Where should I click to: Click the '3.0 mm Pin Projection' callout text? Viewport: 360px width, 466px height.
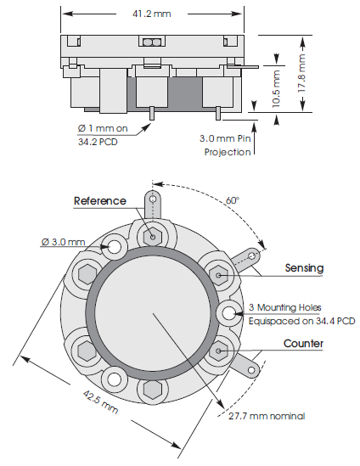tap(227, 145)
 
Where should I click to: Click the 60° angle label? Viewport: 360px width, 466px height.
tap(232, 200)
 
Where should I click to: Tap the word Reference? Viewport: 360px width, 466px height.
tap(100, 201)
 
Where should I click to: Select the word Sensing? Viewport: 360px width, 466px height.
tap(305, 268)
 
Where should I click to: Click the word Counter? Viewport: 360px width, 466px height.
tap(303, 345)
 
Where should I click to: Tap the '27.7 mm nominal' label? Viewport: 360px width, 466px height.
tap(267, 416)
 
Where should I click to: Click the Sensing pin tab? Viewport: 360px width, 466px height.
tap(251, 258)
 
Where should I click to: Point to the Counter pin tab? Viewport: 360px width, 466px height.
tap(251, 367)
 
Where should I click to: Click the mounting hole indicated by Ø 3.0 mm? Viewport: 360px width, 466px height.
tap(115, 246)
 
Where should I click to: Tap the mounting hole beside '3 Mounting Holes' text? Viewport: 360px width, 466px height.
tap(228, 313)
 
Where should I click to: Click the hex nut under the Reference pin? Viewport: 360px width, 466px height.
tap(154, 236)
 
